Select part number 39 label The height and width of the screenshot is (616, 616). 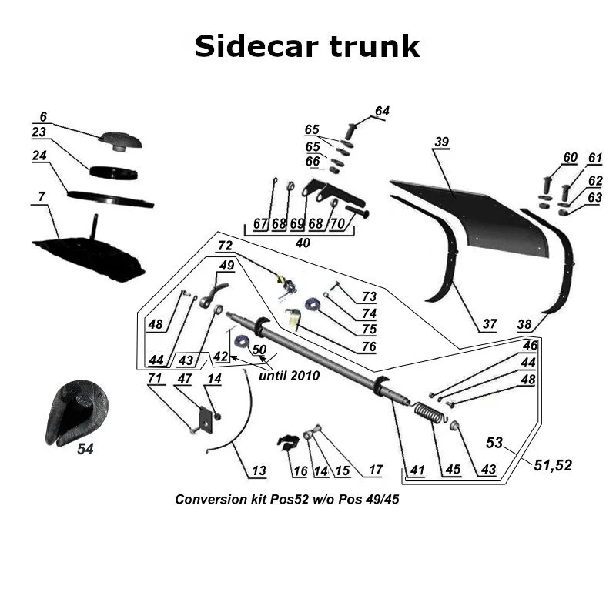(x=441, y=142)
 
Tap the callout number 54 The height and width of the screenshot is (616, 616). (x=85, y=450)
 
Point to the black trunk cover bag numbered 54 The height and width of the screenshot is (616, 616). (x=77, y=412)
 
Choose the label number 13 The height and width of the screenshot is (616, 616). (x=258, y=470)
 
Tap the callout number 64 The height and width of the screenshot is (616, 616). (x=382, y=112)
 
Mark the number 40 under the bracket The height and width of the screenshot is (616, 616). (x=303, y=243)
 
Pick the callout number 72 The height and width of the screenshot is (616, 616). (x=225, y=246)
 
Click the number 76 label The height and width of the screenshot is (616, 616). (x=369, y=346)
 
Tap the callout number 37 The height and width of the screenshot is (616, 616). (x=490, y=324)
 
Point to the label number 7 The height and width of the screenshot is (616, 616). (x=41, y=198)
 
